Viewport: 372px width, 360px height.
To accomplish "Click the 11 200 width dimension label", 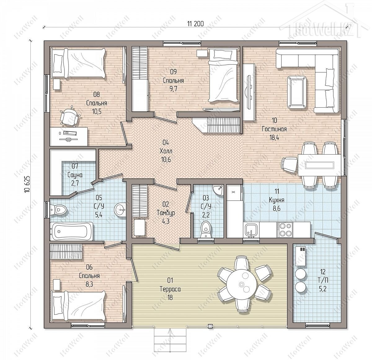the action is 195,24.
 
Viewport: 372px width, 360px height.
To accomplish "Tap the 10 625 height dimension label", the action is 27,184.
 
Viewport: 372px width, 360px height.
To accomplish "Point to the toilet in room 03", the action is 206,229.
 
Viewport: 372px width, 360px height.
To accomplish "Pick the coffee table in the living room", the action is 297,92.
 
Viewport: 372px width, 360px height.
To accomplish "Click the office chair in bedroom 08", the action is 70,116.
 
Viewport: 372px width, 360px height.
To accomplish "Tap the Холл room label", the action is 166,151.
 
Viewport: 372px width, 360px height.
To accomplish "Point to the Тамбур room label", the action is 166,213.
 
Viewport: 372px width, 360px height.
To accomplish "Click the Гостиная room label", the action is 274,129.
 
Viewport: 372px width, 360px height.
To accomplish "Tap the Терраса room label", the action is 170,289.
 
